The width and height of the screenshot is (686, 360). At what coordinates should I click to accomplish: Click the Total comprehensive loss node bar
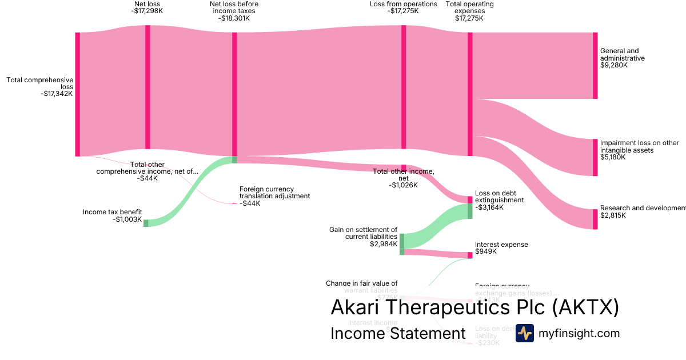click(77, 94)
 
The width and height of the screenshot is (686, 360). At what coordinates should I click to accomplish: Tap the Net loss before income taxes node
click(234, 94)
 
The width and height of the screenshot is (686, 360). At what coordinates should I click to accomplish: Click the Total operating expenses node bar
click(470, 94)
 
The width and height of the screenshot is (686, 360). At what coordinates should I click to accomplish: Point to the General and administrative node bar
click(595, 66)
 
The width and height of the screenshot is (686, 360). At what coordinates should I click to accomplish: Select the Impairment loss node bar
click(595, 157)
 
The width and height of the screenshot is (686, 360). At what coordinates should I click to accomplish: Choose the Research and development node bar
click(595, 219)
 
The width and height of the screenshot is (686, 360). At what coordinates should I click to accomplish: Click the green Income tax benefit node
click(146, 223)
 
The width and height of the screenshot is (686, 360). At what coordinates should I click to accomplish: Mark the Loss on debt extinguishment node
click(470, 200)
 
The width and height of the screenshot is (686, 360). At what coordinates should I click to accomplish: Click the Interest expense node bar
click(470, 255)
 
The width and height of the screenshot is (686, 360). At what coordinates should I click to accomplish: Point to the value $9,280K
click(614, 66)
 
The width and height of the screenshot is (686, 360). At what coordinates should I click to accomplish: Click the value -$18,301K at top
click(234, 18)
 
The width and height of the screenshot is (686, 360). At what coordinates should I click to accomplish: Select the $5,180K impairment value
click(613, 157)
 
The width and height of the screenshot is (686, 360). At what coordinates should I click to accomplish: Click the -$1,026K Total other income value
click(404, 185)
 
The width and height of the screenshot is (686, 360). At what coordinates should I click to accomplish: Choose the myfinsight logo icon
click(524, 333)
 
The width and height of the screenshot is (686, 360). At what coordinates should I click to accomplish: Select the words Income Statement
click(398, 333)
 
